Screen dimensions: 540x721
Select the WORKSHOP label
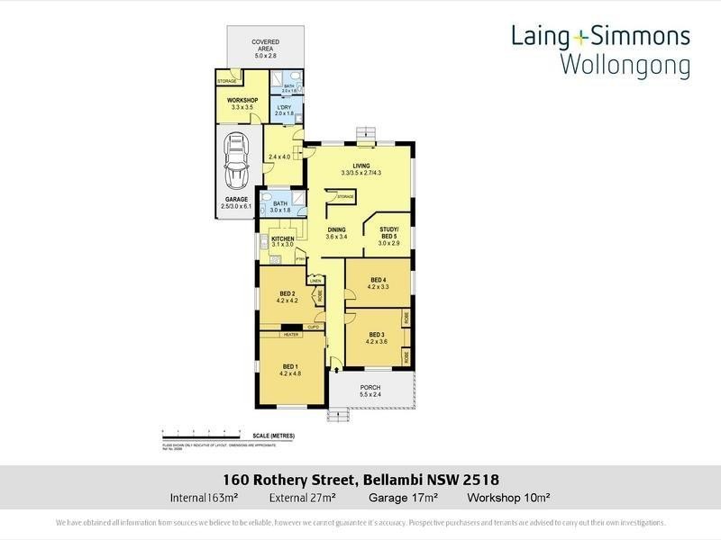point(242,100)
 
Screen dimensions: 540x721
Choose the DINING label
point(336,229)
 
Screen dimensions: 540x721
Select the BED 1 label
point(290,366)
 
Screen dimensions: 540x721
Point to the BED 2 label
point(287,294)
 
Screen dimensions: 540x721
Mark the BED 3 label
point(376,335)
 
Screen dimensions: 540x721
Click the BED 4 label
point(378,280)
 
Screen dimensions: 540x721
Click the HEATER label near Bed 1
point(290,334)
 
